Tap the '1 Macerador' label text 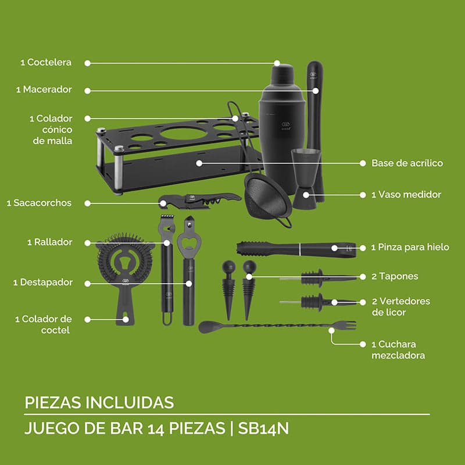coord(44,90)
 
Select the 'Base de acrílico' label coord(407,163)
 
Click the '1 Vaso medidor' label coord(406,195)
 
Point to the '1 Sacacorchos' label coord(40,203)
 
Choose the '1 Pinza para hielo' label coord(410,247)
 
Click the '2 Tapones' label coord(395,276)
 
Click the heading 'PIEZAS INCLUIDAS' coord(99,402)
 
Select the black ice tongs coord(295,248)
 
